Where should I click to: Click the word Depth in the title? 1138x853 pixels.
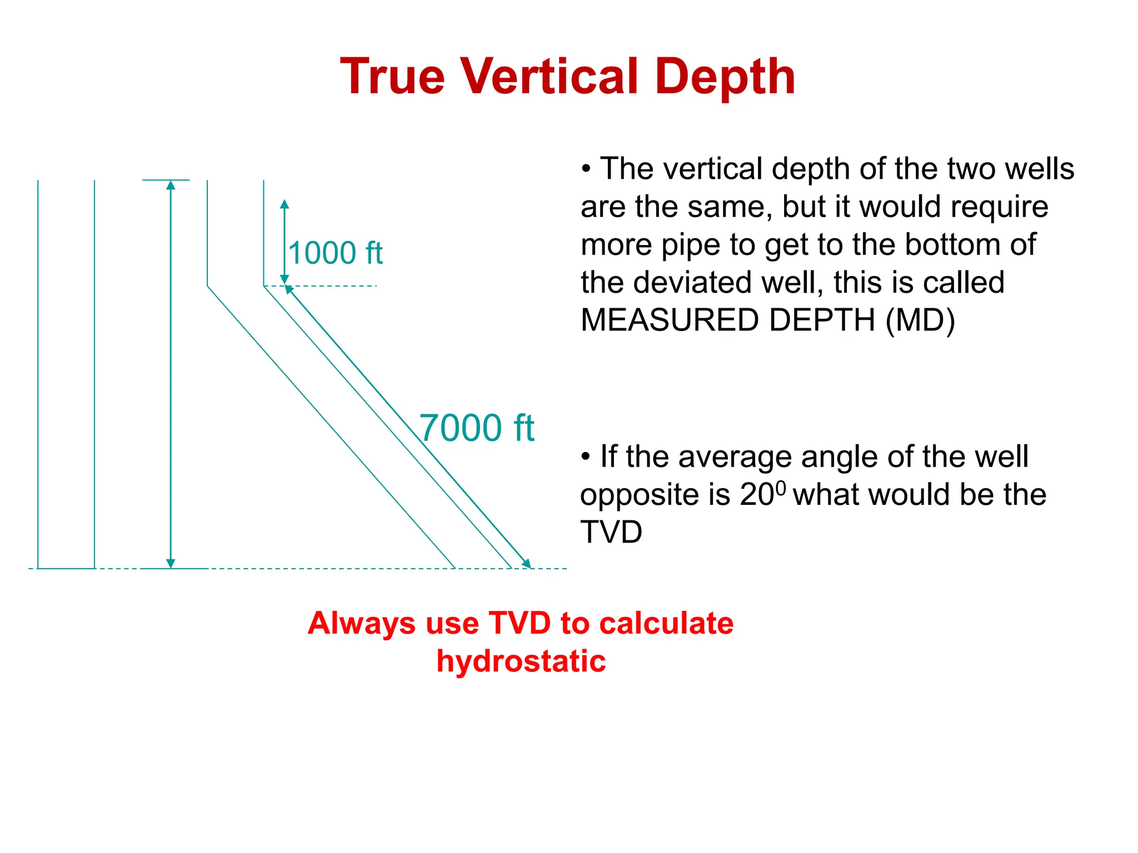pos(725,77)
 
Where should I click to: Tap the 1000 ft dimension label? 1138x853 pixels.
pos(336,253)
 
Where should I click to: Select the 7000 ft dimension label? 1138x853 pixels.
pos(476,428)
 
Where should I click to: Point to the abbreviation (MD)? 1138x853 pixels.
pos(920,320)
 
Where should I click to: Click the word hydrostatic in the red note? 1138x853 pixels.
pos(521,661)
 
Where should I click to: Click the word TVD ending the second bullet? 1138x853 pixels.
pos(611,532)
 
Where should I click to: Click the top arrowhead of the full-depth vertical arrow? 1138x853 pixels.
pos(171,185)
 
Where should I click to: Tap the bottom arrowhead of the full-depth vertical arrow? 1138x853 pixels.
pos(171,564)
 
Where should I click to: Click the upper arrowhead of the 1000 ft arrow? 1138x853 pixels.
pos(284,204)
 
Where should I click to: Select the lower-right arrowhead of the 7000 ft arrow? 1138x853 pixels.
pos(527,564)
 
